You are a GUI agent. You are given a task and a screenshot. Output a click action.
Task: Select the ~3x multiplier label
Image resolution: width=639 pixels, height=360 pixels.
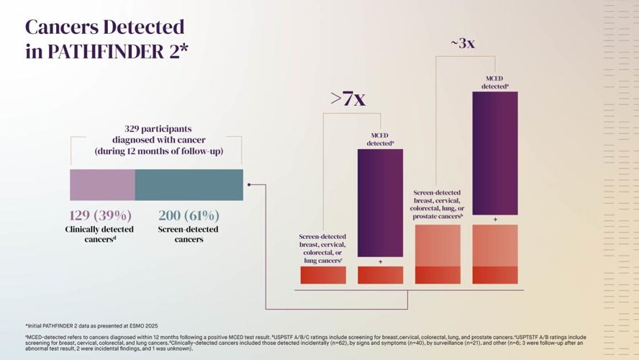463,43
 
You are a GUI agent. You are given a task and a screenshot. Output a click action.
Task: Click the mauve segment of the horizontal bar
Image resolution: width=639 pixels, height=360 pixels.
102,185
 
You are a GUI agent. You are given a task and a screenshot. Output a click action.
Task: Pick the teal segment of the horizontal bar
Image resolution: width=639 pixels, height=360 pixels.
189,185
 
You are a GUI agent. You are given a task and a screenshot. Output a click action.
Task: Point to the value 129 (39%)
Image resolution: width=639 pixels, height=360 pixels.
100,215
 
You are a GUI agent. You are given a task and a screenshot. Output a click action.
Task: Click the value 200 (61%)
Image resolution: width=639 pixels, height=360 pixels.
189,215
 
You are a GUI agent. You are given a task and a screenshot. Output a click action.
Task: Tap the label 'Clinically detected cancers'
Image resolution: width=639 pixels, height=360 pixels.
100,234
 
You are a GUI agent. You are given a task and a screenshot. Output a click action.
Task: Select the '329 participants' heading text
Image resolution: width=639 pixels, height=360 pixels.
158,129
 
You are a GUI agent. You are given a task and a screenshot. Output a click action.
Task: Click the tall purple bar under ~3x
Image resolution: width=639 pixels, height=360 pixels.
494,153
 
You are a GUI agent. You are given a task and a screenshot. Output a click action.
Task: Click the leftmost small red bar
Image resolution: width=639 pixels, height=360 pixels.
323,275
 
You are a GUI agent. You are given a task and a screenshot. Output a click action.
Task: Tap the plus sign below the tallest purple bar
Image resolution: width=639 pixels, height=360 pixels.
495,220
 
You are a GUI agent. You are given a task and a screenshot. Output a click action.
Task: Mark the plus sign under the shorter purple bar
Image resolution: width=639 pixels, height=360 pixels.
380,262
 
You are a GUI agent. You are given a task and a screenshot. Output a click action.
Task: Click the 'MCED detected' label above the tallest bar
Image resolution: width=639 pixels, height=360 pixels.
494,82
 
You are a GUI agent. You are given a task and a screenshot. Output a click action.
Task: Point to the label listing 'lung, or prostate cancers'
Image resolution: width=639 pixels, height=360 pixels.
438,204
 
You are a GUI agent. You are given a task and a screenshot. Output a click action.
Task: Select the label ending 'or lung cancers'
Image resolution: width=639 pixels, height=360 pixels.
322,248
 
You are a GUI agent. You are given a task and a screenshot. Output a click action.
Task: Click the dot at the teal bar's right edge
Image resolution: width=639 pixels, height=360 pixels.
249,185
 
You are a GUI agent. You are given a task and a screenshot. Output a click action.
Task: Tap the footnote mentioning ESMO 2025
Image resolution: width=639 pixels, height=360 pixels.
91,326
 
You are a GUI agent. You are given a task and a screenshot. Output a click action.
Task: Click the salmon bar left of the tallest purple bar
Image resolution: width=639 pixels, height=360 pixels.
438,253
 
